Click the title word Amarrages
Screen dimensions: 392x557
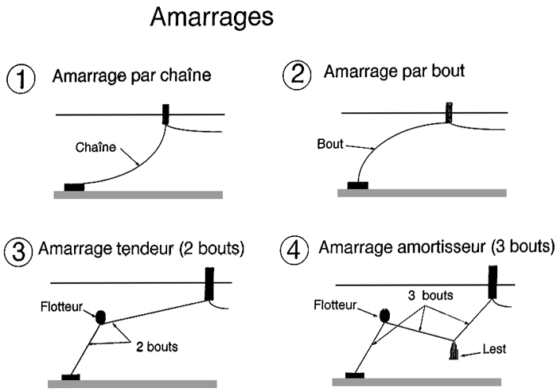coord(212,18)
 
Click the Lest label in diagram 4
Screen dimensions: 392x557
coord(493,348)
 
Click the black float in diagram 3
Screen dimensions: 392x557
coord(102,316)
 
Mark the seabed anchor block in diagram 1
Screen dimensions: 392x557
coord(74,187)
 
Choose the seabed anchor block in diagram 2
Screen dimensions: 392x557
coord(358,185)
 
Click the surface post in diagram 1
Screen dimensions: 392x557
coord(166,114)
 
